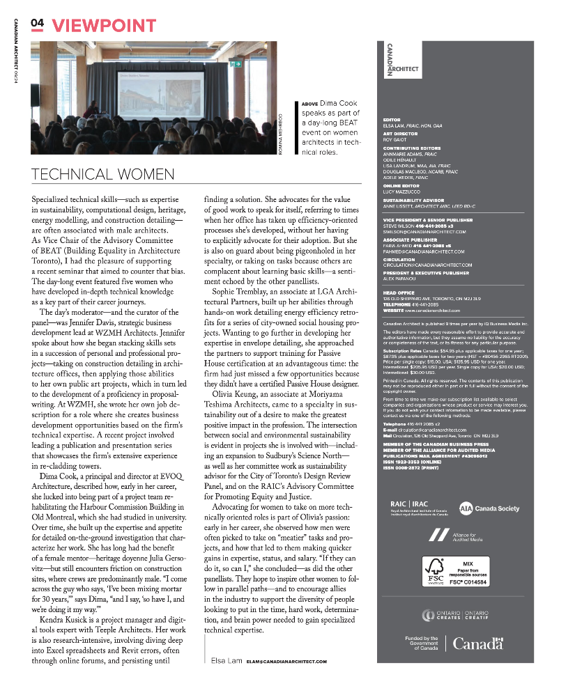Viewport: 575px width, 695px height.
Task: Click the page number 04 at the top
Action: point(37,24)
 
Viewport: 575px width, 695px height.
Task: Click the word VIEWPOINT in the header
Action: point(104,26)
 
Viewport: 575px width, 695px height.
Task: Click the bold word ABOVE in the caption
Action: point(309,103)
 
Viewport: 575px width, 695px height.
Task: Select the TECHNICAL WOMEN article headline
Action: point(102,173)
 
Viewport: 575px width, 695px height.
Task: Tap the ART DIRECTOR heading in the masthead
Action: point(400,134)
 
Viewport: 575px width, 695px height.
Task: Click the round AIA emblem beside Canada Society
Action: point(466,508)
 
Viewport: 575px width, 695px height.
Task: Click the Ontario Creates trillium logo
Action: point(429,614)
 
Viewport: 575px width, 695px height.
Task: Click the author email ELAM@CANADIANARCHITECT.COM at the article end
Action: point(286,661)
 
